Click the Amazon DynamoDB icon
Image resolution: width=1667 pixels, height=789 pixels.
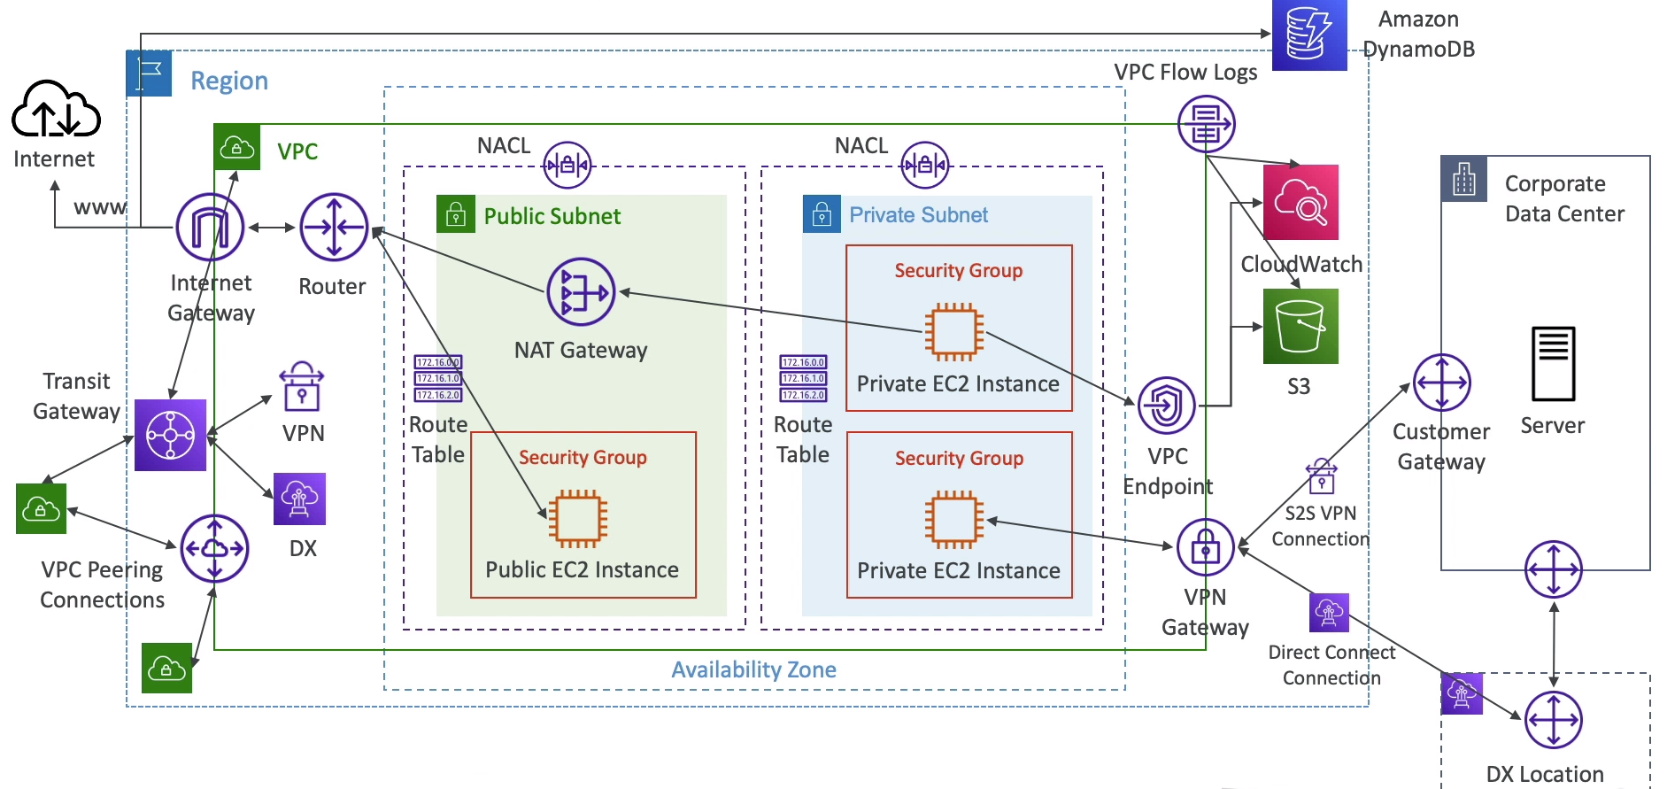[1308, 35]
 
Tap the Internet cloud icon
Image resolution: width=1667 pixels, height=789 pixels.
[56, 110]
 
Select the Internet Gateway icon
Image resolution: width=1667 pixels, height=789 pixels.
[210, 227]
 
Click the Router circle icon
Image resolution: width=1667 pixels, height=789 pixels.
[334, 227]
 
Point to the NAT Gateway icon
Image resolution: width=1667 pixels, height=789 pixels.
[581, 292]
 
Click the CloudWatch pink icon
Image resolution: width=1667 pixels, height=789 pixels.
[1300, 202]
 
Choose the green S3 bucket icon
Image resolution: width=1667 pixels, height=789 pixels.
[1300, 327]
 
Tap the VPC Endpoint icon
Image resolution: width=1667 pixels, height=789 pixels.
[1166, 406]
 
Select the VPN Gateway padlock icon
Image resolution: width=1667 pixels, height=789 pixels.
[1205, 547]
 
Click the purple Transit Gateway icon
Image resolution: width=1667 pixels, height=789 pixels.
[170, 435]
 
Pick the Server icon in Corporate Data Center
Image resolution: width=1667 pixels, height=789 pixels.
[1553, 364]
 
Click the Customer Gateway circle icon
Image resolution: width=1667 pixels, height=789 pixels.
[1441, 383]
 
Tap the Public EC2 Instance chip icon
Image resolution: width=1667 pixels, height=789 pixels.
[578, 519]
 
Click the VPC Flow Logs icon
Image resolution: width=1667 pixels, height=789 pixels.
[1206, 124]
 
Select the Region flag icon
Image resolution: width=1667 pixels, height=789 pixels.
[149, 73]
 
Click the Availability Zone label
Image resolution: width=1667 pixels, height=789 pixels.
[753, 669]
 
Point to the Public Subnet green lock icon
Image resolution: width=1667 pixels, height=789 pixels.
[456, 214]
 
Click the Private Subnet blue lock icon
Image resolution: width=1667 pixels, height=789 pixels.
[822, 214]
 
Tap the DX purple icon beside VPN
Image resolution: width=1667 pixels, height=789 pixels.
[300, 499]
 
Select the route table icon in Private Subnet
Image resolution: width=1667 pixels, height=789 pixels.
[803, 378]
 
